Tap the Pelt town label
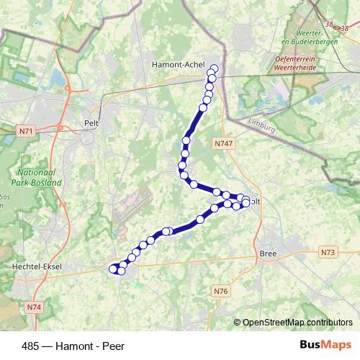point(91,123)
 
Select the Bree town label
point(268,255)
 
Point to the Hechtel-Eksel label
point(37,266)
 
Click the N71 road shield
point(27,131)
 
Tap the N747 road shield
point(224,144)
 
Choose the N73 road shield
point(329,252)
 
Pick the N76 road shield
point(220,291)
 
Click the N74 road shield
point(35,307)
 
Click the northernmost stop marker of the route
point(214,69)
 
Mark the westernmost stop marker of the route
point(112,269)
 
